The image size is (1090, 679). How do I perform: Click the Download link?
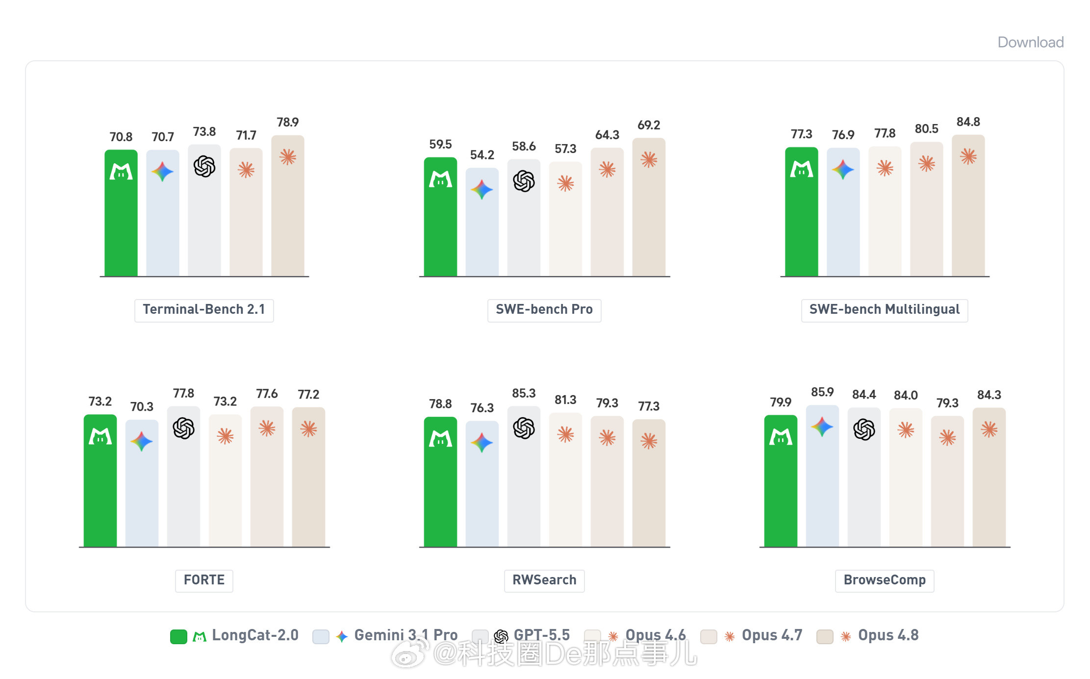click(1030, 42)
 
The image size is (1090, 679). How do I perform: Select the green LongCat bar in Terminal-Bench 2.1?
click(121, 213)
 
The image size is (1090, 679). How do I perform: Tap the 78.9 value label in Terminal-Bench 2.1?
click(287, 122)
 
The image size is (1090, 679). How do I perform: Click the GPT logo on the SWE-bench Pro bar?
click(524, 181)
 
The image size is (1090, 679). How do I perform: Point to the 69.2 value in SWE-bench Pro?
click(649, 125)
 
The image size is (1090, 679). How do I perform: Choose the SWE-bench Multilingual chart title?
click(884, 310)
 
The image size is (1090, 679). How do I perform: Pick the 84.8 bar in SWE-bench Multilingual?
click(968, 205)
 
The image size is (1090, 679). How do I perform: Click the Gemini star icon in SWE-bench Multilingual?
click(843, 170)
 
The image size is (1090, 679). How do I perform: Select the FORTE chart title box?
click(204, 580)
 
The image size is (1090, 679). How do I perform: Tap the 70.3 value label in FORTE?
click(142, 406)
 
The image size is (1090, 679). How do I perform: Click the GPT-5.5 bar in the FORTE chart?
click(183, 477)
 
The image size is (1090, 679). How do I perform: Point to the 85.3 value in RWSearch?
click(524, 393)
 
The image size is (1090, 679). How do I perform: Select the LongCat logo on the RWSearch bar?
click(440, 438)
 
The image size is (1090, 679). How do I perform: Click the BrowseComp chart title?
click(885, 580)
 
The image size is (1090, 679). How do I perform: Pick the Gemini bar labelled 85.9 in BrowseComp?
click(822, 476)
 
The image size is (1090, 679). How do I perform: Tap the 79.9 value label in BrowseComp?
click(781, 402)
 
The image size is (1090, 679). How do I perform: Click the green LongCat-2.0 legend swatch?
click(178, 637)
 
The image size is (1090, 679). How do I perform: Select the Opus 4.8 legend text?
click(888, 635)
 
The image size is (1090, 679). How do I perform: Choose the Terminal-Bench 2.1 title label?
click(204, 310)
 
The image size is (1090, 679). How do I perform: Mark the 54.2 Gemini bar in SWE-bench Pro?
click(482, 222)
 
